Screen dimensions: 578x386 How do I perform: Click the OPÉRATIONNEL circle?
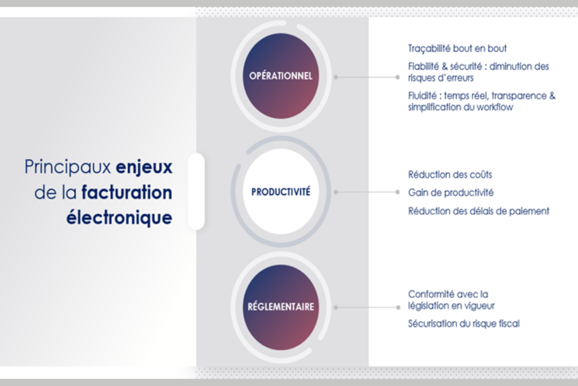tap(281, 76)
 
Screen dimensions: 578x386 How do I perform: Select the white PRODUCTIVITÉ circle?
tap(281, 192)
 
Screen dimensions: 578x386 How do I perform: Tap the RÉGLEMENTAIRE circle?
tap(281, 307)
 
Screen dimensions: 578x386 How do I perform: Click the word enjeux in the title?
tap(144, 167)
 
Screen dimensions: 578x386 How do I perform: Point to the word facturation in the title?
tap(127, 192)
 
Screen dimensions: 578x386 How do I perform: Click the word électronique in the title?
tap(119, 218)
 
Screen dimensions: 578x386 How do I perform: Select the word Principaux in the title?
tap(67, 167)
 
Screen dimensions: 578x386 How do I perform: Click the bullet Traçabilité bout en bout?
tap(457, 49)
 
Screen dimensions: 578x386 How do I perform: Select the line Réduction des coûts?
tap(450, 175)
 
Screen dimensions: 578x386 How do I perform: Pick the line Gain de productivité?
tap(451, 193)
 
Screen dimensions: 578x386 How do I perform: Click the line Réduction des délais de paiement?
tap(479, 211)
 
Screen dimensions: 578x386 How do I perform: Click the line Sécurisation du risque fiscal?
tap(464, 324)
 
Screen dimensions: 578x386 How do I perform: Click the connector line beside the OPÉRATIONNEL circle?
tap(367, 77)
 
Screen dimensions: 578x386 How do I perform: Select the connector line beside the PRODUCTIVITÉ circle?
tap(367, 192)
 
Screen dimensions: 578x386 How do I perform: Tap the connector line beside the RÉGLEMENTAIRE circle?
tap(367, 307)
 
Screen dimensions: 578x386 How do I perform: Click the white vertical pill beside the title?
tap(197, 192)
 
